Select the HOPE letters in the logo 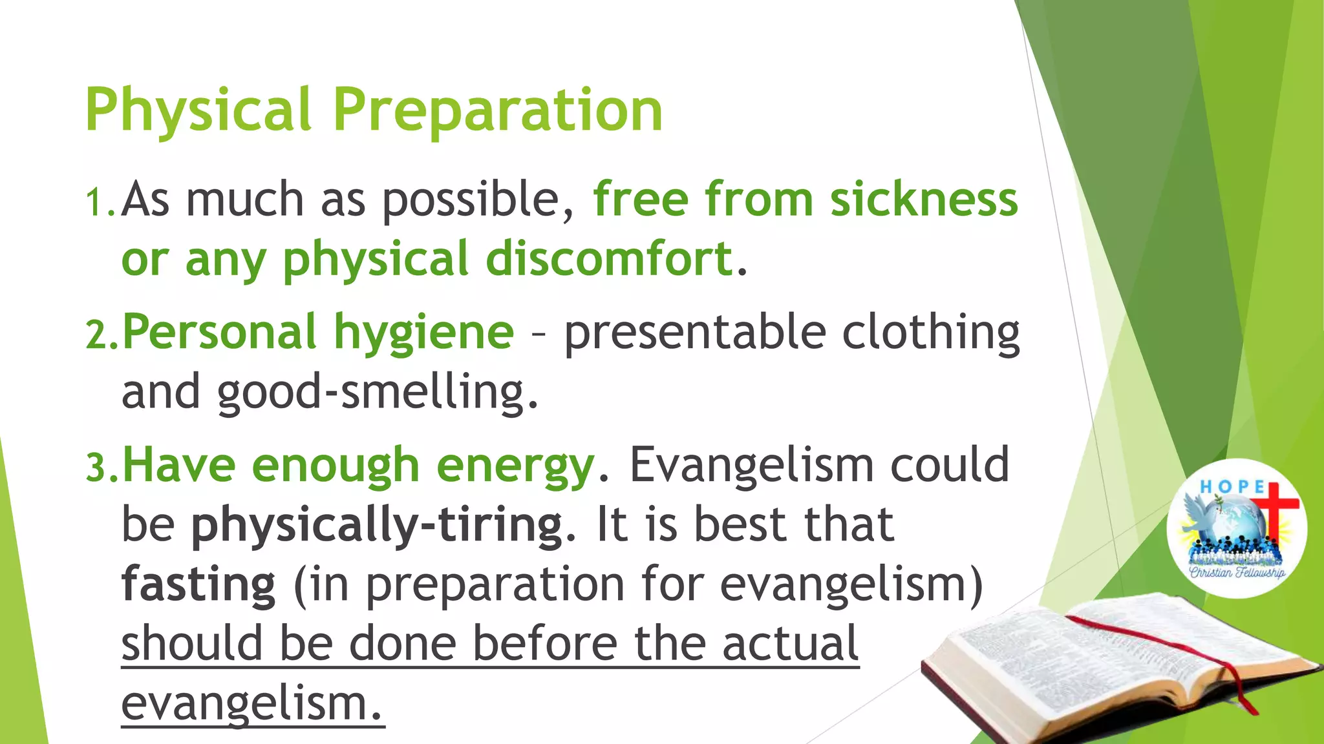click(1232, 486)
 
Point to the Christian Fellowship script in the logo click(1237, 572)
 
